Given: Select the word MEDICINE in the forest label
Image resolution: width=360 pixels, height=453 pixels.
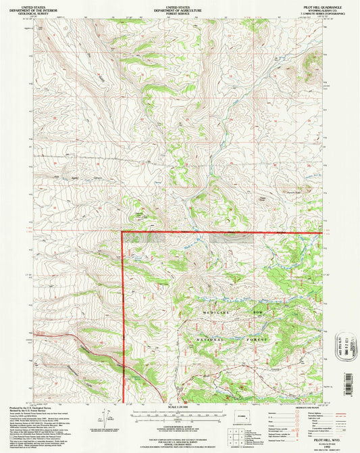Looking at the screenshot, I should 217,314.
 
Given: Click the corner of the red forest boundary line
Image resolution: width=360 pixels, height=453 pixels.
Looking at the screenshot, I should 122,233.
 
